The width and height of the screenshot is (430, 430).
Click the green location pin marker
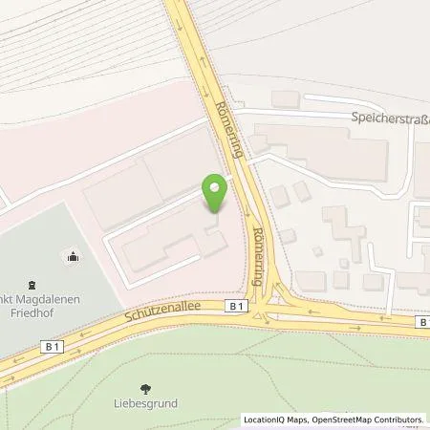216,191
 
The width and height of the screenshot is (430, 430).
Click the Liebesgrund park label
146,404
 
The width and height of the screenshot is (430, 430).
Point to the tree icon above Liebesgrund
145,388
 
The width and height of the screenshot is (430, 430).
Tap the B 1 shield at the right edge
421,323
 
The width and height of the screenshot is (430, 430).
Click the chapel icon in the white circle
72,255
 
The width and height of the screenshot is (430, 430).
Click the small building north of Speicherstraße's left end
285,98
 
